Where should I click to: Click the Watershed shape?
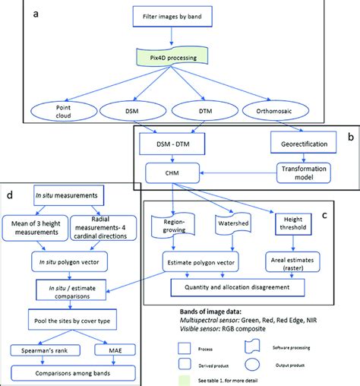(229, 226)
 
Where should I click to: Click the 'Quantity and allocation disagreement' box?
(240, 288)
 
